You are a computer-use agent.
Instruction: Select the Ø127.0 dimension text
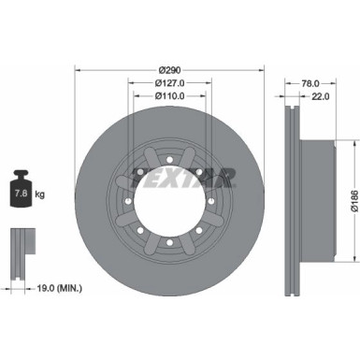click(x=170, y=82)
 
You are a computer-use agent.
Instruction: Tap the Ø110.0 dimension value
click(x=170, y=95)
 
